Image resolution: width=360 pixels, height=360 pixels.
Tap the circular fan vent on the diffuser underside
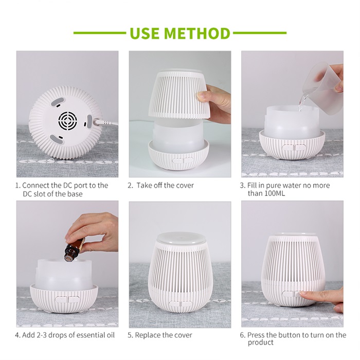point(67,120)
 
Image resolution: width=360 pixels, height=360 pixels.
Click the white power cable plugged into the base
point(107,122)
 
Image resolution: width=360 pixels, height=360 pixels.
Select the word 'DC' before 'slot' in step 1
point(27,194)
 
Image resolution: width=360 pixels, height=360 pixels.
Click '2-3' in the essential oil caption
point(42,335)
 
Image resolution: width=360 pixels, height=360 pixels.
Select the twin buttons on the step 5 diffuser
point(181,303)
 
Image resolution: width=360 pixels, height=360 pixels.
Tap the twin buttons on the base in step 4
point(67,299)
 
